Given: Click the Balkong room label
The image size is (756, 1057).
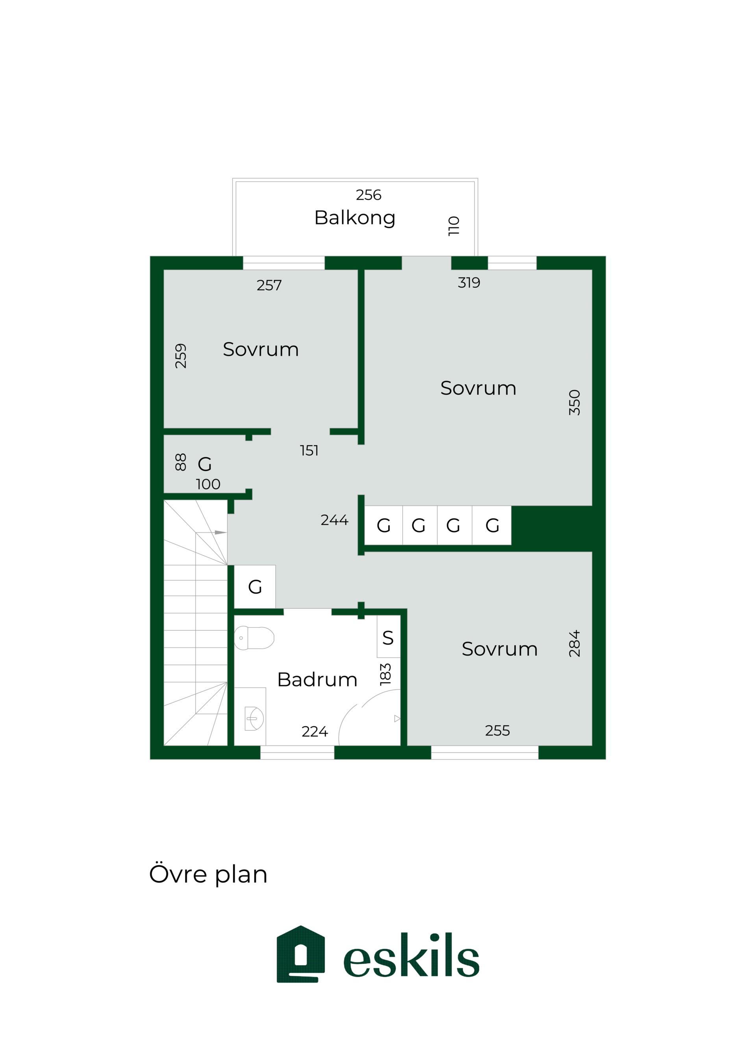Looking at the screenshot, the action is tap(355, 218).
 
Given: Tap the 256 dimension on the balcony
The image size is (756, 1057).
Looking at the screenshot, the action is tap(368, 195).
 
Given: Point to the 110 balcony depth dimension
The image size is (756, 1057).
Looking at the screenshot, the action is tap(454, 226).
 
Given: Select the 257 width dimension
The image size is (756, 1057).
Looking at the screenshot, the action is tap(269, 285).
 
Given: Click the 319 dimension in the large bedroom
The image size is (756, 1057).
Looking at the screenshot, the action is tap(469, 282).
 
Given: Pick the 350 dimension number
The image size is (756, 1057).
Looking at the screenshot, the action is tap(574, 402).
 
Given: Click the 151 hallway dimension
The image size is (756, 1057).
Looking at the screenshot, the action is tap(309, 450).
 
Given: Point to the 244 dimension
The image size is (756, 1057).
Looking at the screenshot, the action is tap(334, 520).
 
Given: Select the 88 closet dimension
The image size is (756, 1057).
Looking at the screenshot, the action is tap(181, 462).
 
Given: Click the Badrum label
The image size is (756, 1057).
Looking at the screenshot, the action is tap(317, 679).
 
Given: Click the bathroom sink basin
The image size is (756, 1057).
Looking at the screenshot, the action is tap(254, 718).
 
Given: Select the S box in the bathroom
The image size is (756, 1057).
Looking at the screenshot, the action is tap(388, 636).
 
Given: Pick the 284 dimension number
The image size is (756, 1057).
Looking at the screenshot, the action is tap(574, 643).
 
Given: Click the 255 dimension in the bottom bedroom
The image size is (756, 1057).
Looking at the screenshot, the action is tap(497, 730).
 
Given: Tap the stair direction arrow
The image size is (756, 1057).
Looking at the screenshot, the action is tap(220, 532).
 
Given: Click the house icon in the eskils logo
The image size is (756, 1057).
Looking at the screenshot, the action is tap(301, 954).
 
